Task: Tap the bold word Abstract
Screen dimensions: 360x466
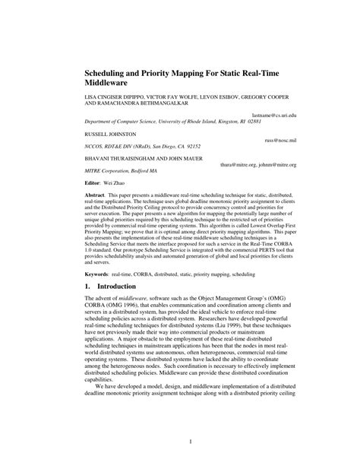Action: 96,196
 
